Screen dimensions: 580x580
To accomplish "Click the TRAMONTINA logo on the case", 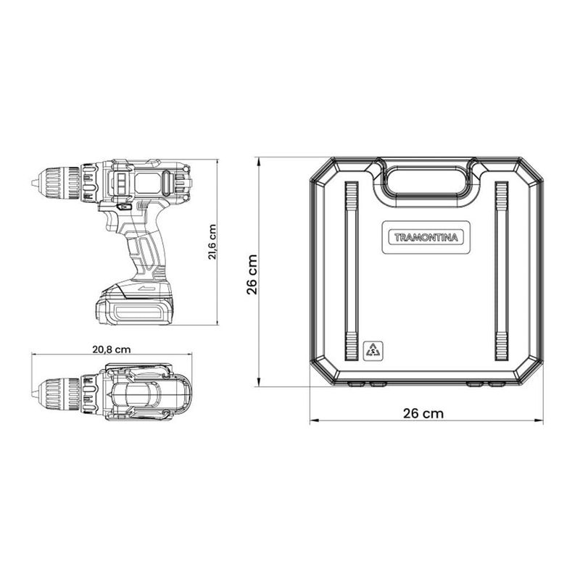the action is tap(426, 238).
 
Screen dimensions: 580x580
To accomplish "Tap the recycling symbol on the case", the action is tap(373, 350).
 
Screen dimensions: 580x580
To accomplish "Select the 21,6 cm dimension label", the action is tap(212, 242).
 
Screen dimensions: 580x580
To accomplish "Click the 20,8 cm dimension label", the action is tap(112, 349).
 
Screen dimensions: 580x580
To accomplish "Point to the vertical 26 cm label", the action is tap(252, 274).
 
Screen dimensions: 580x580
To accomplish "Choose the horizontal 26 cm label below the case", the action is tap(423, 413).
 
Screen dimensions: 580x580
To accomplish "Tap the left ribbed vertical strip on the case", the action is tap(352, 271).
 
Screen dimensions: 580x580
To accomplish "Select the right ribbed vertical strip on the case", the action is tap(502, 271).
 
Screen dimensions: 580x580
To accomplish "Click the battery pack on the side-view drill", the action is tap(135, 303).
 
